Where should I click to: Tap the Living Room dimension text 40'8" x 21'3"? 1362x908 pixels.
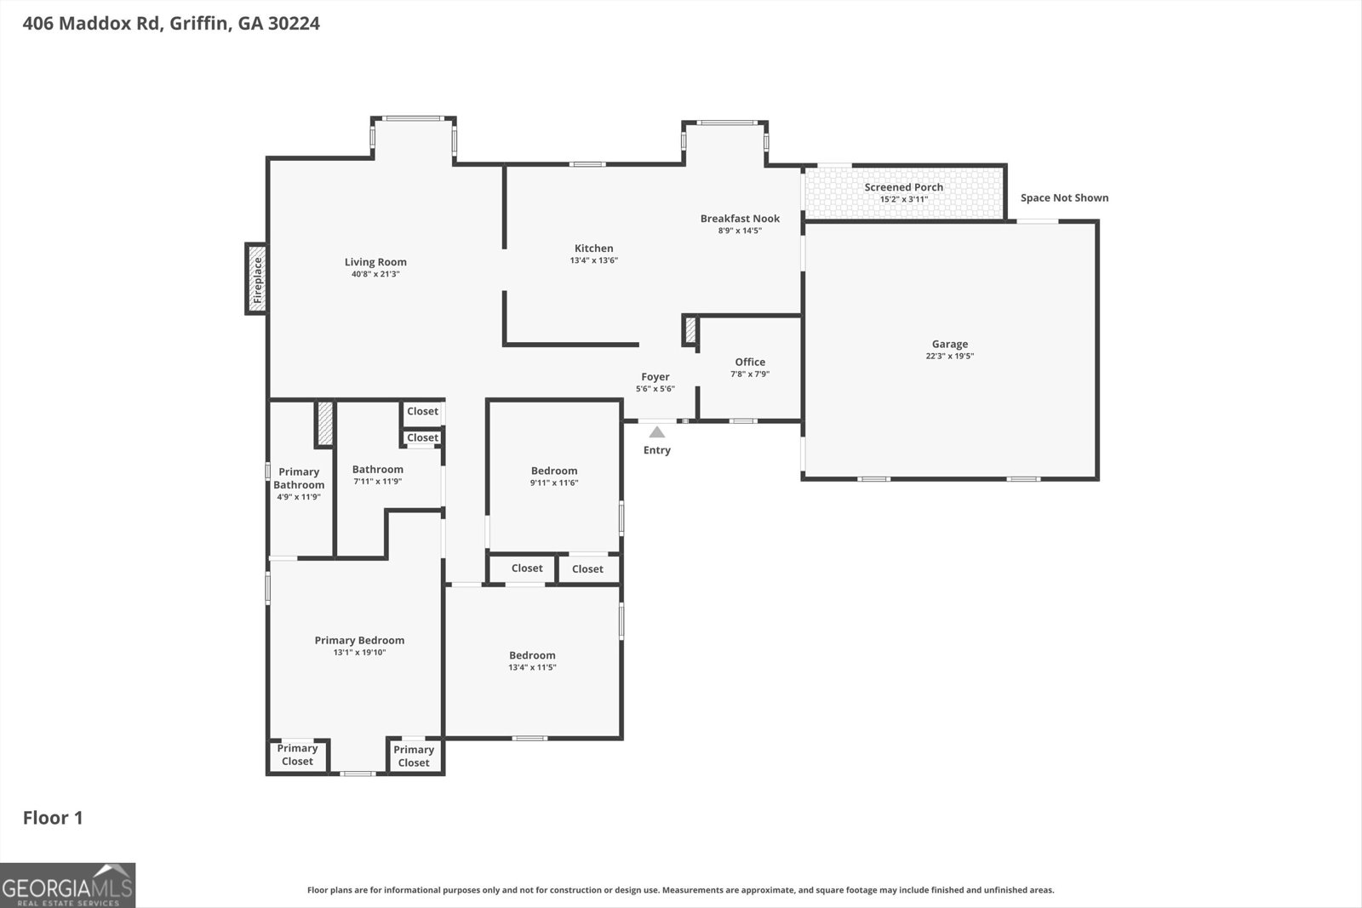pyautogui.click(x=375, y=275)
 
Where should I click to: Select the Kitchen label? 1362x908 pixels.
pyautogui.click(x=593, y=248)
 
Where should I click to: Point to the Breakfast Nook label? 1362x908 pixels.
pyautogui.click(x=740, y=219)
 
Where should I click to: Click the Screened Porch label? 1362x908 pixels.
pyautogui.click(x=903, y=187)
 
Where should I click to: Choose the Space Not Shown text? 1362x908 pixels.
pyautogui.click(x=1064, y=198)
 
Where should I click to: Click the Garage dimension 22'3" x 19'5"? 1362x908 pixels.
pyautogui.click(x=949, y=357)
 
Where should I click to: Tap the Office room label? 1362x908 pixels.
pyautogui.click(x=750, y=362)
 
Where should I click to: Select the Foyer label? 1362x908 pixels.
pyautogui.click(x=655, y=377)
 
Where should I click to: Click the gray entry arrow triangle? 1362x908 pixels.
pyautogui.click(x=656, y=432)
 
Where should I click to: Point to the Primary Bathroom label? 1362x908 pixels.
pyautogui.click(x=299, y=478)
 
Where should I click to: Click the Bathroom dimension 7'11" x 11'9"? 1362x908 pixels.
pyautogui.click(x=377, y=482)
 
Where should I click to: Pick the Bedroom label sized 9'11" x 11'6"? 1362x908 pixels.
pyautogui.click(x=554, y=471)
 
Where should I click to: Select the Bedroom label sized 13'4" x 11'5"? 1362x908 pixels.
pyautogui.click(x=532, y=655)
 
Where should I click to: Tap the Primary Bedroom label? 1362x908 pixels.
pyautogui.click(x=359, y=641)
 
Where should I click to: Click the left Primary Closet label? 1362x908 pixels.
pyautogui.click(x=297, y=755)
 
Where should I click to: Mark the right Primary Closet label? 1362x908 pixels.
pyautogui.click(x=414, y=756)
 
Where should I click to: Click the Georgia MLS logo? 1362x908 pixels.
pyautogui.click(x=67, y=885)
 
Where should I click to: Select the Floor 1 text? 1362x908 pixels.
pyautogui.click(x=53, y=818)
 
